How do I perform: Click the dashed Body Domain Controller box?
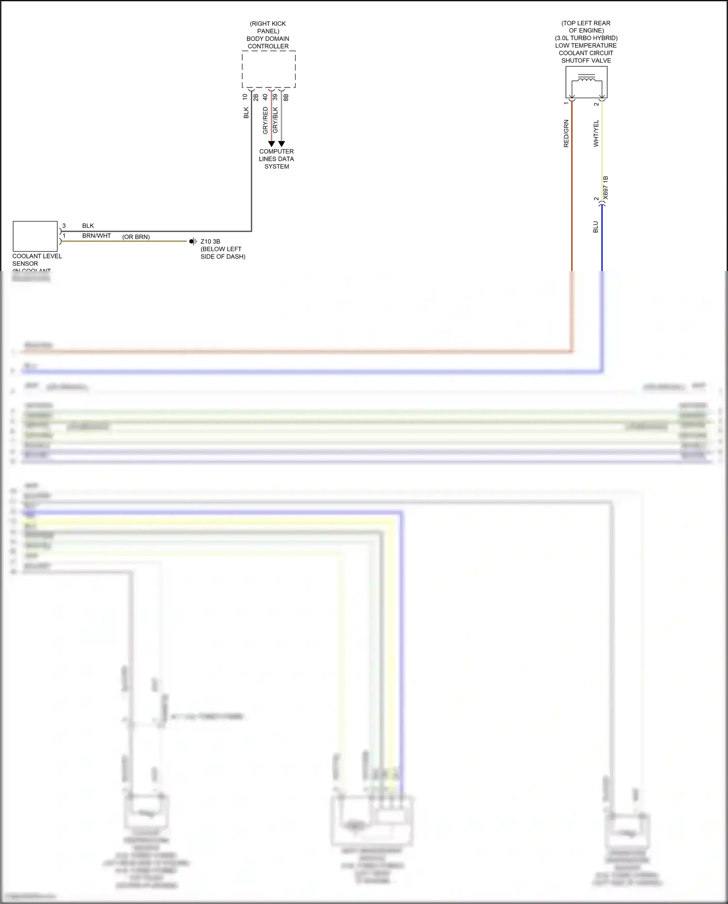click(x=268, y=69)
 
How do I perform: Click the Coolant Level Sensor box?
click(x=35, y=236)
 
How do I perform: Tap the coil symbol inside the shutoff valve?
click(x=586, y=79)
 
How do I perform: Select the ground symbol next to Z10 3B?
click(x=193, y=241)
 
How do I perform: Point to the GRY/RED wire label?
click(x=265, y=120)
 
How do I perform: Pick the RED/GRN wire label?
click(x=566, y=133)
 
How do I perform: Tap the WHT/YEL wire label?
click(x=596, y=133)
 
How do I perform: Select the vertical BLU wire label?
click(x=596, y=227)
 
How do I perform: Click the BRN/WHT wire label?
click(x=97, y=236)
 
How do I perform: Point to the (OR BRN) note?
click(x=136, y=237)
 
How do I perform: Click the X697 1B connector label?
click(x=605, y=188)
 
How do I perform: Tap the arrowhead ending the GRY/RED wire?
click(x=271, y=144)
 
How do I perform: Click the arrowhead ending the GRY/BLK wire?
click(x=281, y=144)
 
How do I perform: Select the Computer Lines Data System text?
click(x=276, y=159)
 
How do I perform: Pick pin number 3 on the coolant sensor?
click(x=64, y=226)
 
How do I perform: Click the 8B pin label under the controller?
click(x=286, y=97)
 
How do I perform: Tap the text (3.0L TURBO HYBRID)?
click(x=586, y=38)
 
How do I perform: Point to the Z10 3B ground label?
click(x=210, y=241)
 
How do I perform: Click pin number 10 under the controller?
click(x=245, y=97)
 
